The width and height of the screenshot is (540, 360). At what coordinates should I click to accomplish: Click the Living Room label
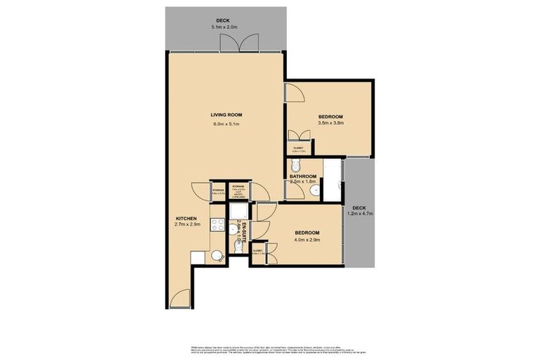tap(226, 115)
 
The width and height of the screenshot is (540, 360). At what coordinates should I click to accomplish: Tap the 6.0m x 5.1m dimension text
tap(226, 124)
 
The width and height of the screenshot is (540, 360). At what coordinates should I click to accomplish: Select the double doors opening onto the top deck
tap(234, 43)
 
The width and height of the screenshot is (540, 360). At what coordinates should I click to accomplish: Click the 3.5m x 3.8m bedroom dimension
tap(330, 124)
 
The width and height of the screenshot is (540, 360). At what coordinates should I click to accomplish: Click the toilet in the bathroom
tap(297, 166)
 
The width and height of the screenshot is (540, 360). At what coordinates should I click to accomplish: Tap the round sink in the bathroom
tap(316, 189)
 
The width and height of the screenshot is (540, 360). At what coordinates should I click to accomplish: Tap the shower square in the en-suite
tap(238, 212)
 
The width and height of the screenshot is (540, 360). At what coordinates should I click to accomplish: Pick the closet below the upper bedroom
tap(298, 148)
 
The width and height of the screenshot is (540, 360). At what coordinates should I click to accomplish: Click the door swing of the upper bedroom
tap(292, 94)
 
